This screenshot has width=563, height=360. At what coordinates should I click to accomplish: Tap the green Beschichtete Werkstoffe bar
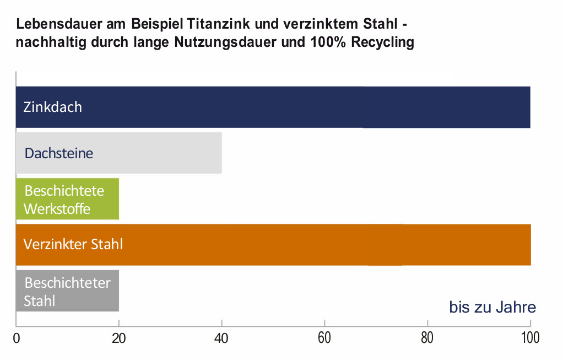67,199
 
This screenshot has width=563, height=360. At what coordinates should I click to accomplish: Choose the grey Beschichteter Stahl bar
67,291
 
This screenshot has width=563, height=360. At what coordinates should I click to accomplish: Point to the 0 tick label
17,338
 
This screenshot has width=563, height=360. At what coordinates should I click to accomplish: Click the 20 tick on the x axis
119,338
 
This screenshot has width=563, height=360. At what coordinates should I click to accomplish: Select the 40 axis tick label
221,338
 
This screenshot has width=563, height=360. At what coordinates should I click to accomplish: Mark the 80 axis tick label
427,338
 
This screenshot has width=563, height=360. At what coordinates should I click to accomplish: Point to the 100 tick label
530,338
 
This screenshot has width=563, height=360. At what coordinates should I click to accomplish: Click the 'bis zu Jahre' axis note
492,307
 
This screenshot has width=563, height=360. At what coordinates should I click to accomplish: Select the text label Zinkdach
52,107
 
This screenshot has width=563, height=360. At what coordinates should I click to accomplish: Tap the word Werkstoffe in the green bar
57,209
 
